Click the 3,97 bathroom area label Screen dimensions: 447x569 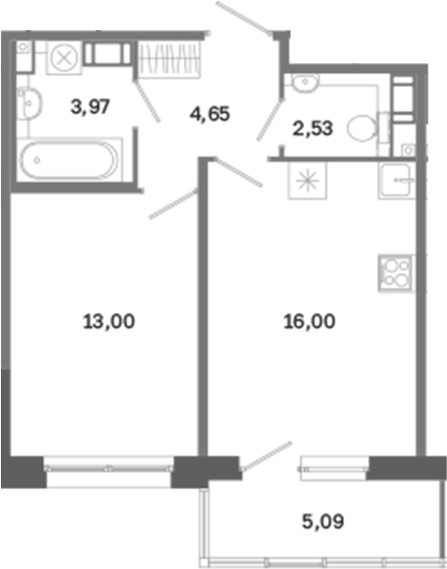pyautogui.click(x=91, y=107)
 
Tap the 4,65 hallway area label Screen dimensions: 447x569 pyautogui.click(x=209, y=114)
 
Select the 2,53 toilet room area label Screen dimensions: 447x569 pyautogui.click(x=313, y=128)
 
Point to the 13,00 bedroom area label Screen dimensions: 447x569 pyautogui.click(x=109, y=322)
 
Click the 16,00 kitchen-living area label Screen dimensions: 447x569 pyautogui.click(x=310, y=322)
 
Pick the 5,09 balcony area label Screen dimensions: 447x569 pyautogui.click(x=322, y=521)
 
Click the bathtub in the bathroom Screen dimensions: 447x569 pyautogui.click(x=69, y=160)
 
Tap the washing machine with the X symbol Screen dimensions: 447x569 pyautogui.click(x=64, y=57)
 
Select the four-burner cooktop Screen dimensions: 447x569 pyautogui.click(x=396, y=273)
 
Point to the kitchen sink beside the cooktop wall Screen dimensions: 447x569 pyautogui.click(x=397, y=180)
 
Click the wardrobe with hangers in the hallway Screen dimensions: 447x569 pyautogui.click(x=169, y=58)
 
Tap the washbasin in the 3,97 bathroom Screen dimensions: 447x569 pyautogui.click(x=29, y=102)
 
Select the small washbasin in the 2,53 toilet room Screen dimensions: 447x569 pyautogui.click(x=306, y=83)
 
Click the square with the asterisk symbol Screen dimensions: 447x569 pyautogui.click(x=308, y=180)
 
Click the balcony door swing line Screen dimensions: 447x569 pyautogui.click(x=267, y=456)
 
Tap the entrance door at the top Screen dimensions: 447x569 pyautogui.click(x=243, y=18)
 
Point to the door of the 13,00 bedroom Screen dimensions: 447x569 pyautogui.click(x=173, y=203)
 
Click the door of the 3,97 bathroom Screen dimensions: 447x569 pyautogui.click(x=146, y=101)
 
